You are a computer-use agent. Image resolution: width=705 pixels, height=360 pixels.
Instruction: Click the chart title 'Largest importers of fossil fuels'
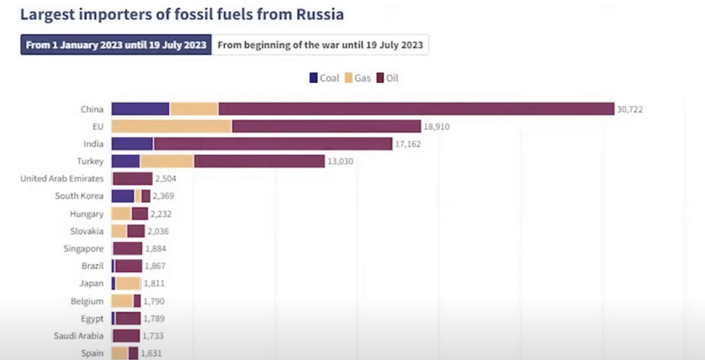182,14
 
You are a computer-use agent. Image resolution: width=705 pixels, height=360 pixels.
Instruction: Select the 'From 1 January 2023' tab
116,45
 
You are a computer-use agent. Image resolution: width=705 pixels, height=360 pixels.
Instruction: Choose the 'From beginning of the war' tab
320,45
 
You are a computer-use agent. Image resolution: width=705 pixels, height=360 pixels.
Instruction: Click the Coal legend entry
324,78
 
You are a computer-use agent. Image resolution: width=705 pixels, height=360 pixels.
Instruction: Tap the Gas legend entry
357,78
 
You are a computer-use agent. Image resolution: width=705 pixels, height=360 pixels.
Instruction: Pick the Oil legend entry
387,78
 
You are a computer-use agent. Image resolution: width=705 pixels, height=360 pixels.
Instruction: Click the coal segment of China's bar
140,109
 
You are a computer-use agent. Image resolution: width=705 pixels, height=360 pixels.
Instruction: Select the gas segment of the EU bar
171,127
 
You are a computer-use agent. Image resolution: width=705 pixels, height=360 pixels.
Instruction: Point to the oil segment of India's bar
273,144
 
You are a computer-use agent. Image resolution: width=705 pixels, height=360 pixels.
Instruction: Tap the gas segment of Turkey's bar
167,161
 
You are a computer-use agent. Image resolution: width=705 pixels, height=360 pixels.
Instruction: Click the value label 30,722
630,110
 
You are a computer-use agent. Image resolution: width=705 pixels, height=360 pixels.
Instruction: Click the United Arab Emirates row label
62,179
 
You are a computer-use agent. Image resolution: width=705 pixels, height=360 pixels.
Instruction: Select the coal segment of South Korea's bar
123,196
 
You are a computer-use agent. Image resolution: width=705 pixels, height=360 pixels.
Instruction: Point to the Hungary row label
86,214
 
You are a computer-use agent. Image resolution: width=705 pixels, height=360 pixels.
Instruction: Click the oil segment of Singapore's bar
128,249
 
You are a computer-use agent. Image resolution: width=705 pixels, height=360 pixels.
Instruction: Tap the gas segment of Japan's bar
128,283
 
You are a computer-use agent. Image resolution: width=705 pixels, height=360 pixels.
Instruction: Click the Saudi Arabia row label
78,336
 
